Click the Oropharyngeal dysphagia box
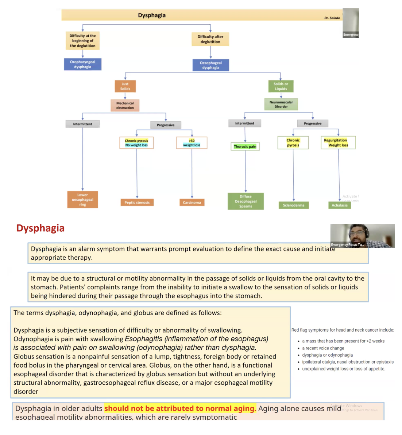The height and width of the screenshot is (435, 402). [83, 64]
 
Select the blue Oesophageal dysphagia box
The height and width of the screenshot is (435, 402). [210, 65]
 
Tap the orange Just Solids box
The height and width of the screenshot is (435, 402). [125, 86]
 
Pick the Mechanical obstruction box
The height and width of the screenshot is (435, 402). [125, 105]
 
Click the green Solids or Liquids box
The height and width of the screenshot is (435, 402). [281, 86]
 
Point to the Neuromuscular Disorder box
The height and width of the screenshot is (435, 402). [281, 104]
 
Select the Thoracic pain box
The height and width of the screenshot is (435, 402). [245, 146]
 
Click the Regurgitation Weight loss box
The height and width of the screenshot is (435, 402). [338, 142]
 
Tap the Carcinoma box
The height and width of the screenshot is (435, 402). [192, 203]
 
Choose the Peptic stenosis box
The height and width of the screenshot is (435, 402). [137, 203]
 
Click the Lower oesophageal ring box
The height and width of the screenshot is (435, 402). [82, 200]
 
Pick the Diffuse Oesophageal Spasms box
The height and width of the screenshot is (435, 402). [246, 201]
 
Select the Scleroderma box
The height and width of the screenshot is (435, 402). [294, 205]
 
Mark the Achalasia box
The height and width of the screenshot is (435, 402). [340, 205]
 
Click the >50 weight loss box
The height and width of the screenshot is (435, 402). [192, 142]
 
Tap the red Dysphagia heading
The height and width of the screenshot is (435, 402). [40, 228]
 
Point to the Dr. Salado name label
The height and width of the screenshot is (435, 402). [332, 18]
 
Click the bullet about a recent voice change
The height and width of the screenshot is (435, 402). [323, 348]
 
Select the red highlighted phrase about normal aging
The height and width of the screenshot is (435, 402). [180, 408]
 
